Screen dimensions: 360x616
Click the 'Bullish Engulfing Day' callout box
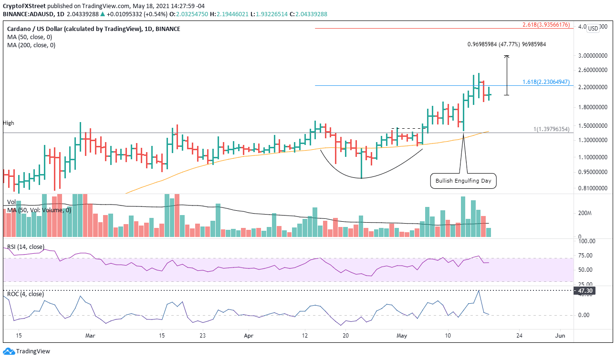[463, 181]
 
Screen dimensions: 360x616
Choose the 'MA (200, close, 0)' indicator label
[31, 45]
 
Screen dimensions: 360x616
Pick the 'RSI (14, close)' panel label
[26, 247]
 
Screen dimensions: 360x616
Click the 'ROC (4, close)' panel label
[25, 294]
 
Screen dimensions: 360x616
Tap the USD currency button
[593, 29]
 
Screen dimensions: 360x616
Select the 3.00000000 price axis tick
[592, 56]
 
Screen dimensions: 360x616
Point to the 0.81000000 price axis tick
[592, 188]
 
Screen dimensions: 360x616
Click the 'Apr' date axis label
[248, 336]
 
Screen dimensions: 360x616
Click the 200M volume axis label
[585, 213]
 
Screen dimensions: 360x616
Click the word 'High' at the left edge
[9, 123]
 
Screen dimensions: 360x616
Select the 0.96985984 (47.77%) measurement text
[506, 44]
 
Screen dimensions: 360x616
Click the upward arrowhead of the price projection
[507, 57]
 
